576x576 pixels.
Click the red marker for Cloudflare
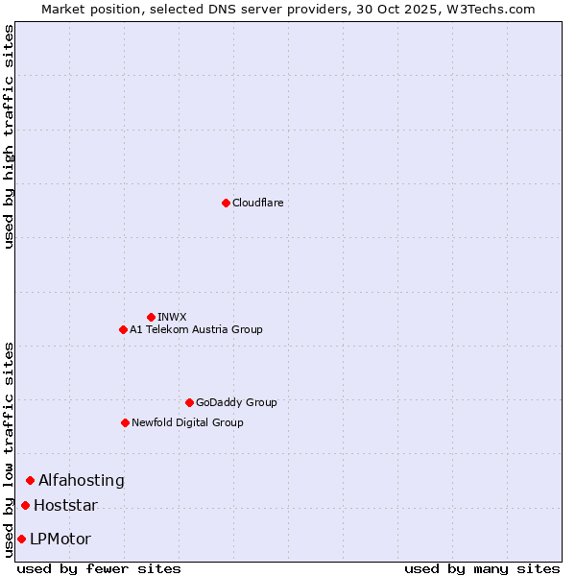[226, 203]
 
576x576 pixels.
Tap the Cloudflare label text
[257, 203]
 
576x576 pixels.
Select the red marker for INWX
[151, 317]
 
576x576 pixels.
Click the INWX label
[172, 317]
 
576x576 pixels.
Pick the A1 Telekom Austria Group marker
[123, 329]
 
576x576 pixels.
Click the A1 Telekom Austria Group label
[196, 329]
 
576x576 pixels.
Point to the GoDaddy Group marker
[189, 402]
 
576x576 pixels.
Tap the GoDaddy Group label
[236, 402]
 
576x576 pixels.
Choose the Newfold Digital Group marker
[125, 422]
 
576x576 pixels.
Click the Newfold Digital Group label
[187, 422]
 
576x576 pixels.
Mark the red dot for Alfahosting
[30, 480]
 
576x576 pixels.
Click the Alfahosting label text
[82, 480]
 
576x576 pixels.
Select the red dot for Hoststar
[25, 505]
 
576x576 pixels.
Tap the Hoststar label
[65, 505]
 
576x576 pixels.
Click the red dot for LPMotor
[21, 539]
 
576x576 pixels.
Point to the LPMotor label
[60, 539]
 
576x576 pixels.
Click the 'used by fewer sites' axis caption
[99, 568]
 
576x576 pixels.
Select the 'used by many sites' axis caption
[481, 568]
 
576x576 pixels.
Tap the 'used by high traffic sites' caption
[9, 136]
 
